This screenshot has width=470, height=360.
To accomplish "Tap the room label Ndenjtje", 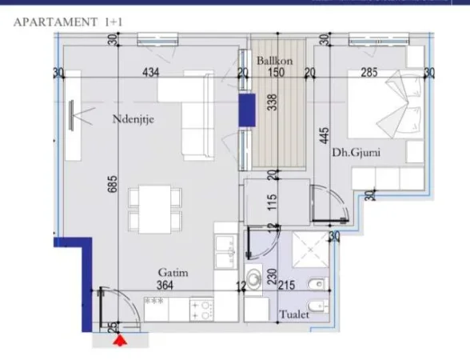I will click(x=133, y=120).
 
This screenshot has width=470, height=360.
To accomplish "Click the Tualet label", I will click(x=294, y=315).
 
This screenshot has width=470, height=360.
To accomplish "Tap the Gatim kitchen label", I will click(x=173, y=273).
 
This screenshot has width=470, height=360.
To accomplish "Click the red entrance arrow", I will click(x=120, y=342).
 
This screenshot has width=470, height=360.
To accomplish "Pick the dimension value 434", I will click(x=151, y=73).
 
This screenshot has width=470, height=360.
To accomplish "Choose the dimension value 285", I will click(x=369, y=73).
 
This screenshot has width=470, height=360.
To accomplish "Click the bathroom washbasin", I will click(x=254, y=278).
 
